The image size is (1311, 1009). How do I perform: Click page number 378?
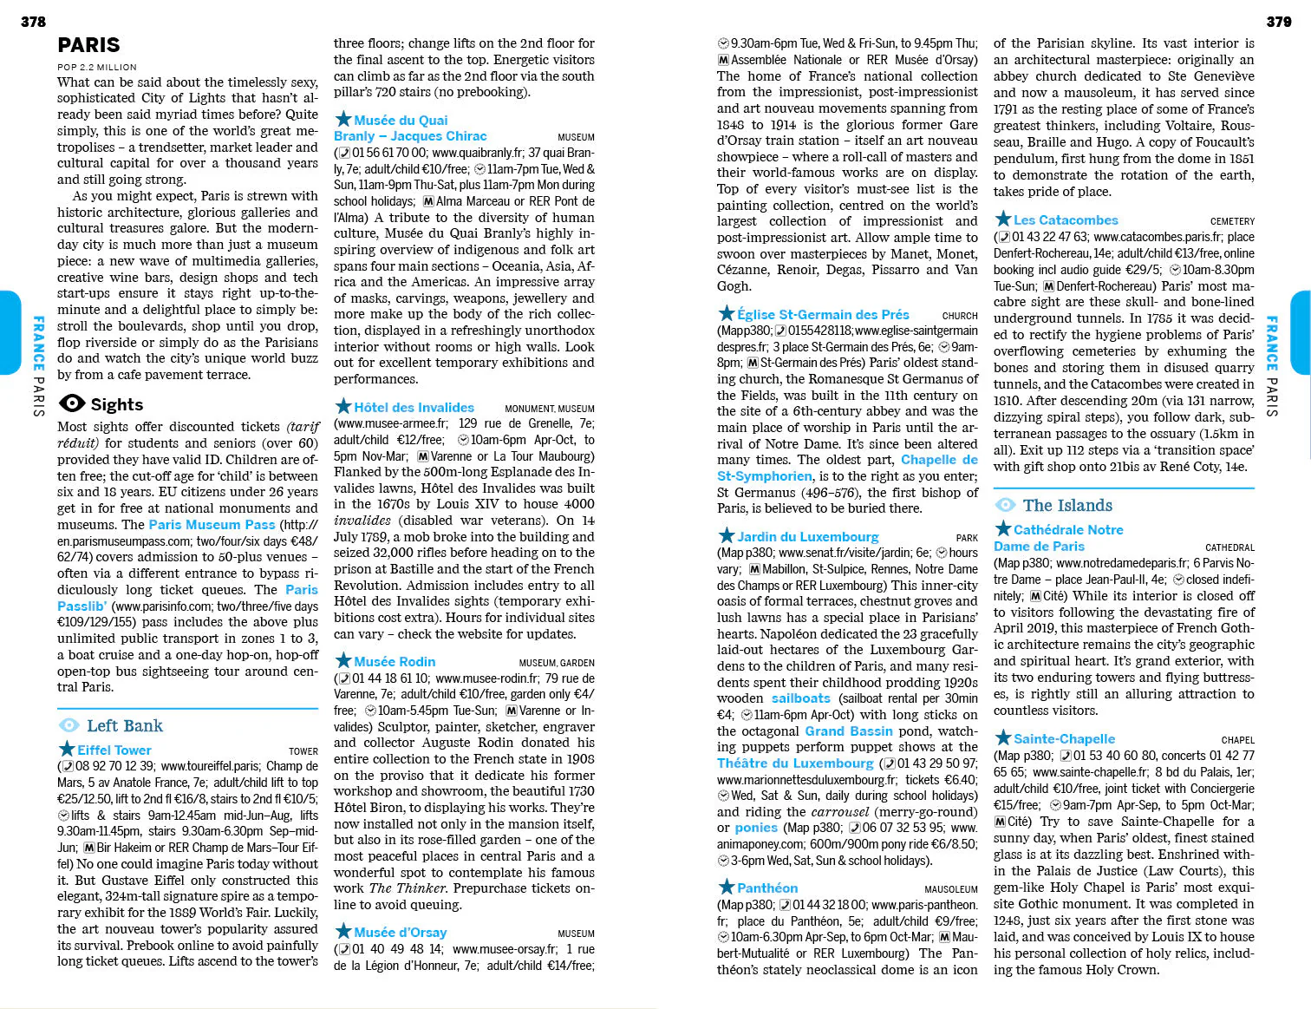point(33,22)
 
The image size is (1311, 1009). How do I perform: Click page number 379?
point(1278,22)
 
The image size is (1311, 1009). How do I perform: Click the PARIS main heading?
point(88,45)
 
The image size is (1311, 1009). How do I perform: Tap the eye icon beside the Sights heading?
point(71,403)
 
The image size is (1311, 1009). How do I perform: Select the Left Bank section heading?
point(124,725)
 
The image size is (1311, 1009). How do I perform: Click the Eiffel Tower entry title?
point(114,750)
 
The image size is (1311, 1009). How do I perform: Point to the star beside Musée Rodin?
point(343,661)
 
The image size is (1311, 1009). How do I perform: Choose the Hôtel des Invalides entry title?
point(414,407)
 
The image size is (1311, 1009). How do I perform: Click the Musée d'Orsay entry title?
point(400,932)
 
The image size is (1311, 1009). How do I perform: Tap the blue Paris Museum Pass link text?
point(212,524)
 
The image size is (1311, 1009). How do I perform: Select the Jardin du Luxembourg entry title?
point(807,536)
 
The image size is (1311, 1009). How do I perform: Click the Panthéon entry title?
point(767,888)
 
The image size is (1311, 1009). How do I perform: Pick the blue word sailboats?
point(800,698)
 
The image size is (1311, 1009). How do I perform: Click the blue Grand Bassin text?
point(848,731)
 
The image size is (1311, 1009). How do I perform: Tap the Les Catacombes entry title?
point(1066,219)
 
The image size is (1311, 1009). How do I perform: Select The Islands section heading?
point(1066,505)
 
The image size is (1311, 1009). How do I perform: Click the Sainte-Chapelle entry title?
point(1064,738)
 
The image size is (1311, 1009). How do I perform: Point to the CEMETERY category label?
point(1232,221)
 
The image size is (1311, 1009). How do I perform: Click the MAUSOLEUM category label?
point(950,889)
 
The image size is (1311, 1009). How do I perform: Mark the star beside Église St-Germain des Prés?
point(726,313)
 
